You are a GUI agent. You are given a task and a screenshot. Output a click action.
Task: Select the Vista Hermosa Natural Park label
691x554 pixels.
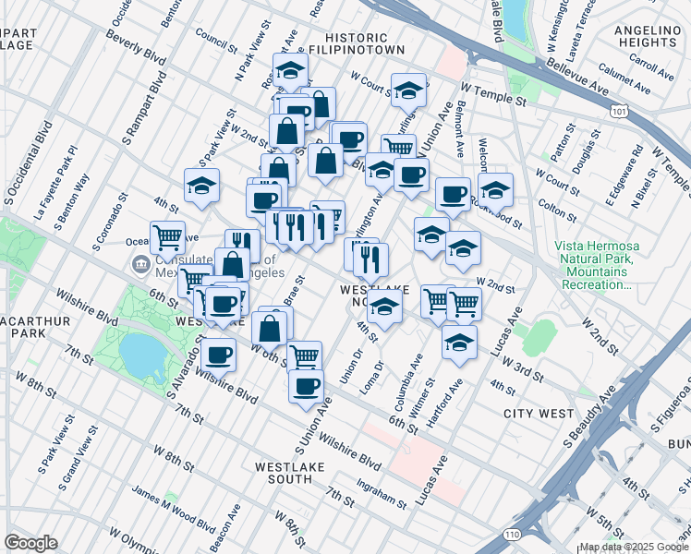(593, 265)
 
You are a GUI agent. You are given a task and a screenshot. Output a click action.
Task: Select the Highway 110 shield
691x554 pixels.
(513, 534)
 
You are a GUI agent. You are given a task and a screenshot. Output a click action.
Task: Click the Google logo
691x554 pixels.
(30, 543)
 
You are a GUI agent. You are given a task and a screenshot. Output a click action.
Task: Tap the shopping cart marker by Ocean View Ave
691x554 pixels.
(167, 237)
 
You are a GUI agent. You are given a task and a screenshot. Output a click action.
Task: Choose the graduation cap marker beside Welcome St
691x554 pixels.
(496, 189)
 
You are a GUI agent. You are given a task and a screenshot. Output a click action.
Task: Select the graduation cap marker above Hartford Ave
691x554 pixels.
(459, 341)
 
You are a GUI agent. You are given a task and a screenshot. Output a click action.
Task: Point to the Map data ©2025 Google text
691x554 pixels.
(633, 547)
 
